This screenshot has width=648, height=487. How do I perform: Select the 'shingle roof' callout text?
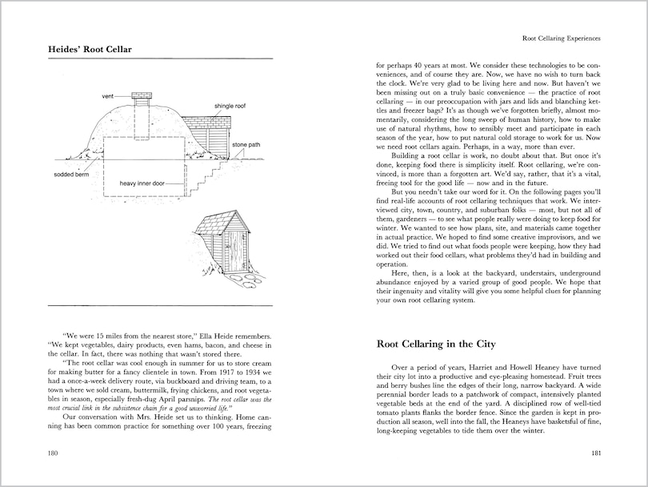[230, 106]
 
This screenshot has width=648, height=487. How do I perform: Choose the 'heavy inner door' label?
[142, 183]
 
